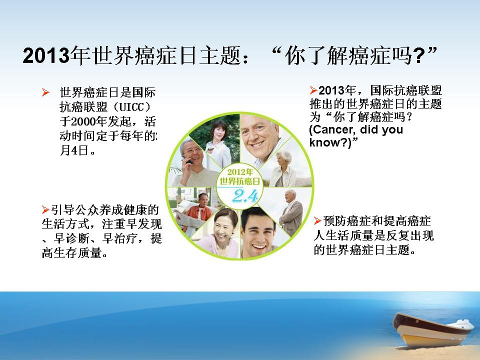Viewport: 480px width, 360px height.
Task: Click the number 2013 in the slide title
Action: [x=46, y=55]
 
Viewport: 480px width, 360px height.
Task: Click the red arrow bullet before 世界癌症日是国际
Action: [x=45, y=92]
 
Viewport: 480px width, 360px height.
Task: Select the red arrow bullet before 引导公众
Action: [x=45, y=209]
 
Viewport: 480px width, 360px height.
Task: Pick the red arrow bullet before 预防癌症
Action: [x=318, y=220]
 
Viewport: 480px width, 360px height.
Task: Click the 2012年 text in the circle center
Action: [x=240, y=172]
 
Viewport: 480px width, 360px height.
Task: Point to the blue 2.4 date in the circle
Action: [x=245, y=196]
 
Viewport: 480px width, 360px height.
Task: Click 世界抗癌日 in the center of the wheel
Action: [x=240, y=181]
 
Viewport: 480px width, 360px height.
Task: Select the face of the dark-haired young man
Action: [x=257, y=231]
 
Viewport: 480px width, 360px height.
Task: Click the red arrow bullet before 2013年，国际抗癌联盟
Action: [x=313, y=90]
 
